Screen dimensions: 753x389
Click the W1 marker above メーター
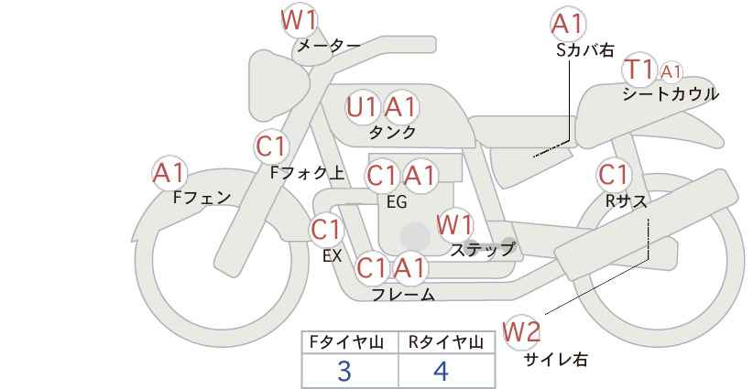299,21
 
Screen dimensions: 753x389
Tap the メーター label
329,46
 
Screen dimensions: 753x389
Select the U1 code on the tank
363,107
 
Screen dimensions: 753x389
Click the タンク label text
392,132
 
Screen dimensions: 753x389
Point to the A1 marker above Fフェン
169,173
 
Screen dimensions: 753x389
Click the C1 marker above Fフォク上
271,146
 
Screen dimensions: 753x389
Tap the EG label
398,202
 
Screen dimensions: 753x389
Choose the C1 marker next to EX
326,231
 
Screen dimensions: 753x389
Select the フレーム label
403,294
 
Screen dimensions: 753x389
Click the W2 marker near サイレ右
521,332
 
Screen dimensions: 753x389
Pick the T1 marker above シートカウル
638,70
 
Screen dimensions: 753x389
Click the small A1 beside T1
671,72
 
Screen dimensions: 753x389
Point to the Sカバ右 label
585,50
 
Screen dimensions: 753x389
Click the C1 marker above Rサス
613,175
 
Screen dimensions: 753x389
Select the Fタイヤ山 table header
346,342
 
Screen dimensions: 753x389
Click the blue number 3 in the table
344,372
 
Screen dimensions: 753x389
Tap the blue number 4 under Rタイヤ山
441,372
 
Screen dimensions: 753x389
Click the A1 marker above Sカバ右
568,24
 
